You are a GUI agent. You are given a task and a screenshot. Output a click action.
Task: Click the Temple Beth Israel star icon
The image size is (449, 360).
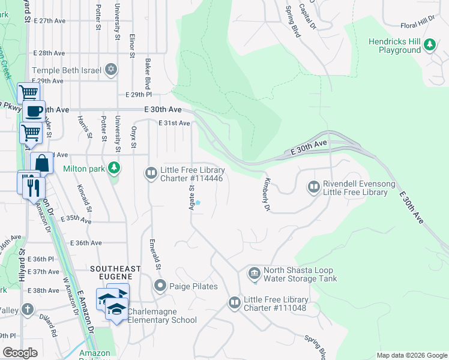110,70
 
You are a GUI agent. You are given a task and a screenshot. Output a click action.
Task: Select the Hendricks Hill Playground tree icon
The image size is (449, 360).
429,44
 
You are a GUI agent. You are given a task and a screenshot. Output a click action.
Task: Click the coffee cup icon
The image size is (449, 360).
34,111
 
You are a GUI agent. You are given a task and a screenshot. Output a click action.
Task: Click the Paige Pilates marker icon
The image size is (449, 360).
160,286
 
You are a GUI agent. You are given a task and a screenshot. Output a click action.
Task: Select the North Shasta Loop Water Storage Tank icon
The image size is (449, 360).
253,274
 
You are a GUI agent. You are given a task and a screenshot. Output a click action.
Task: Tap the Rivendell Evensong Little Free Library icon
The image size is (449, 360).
313,187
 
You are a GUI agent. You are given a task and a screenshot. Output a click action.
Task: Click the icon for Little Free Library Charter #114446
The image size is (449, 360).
151,173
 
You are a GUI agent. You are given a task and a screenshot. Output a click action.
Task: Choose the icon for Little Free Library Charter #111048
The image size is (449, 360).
234,303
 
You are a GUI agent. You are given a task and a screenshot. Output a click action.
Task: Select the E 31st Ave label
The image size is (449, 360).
174,123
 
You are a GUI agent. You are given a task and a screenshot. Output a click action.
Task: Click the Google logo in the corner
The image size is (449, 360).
20,353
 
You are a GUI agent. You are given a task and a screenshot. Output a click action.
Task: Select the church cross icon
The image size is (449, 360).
27,310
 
